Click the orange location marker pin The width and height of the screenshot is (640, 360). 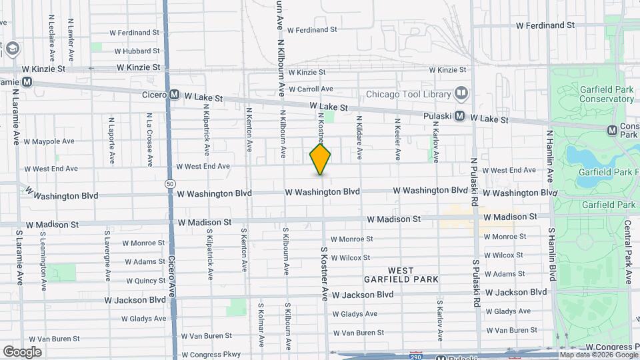point(321,159)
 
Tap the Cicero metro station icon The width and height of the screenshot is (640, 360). point(174,95)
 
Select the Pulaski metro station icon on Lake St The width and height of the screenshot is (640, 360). point(461,116)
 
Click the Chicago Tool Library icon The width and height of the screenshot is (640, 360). point(461,93)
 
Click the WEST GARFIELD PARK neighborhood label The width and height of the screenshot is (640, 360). point(401,275)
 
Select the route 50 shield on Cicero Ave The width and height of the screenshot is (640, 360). point(171,183)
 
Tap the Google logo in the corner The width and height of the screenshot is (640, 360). point(22,351)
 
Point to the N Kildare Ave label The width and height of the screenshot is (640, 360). point(359,137)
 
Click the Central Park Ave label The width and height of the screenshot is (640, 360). point(627,243)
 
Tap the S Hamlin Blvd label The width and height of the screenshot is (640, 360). point(552,255)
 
